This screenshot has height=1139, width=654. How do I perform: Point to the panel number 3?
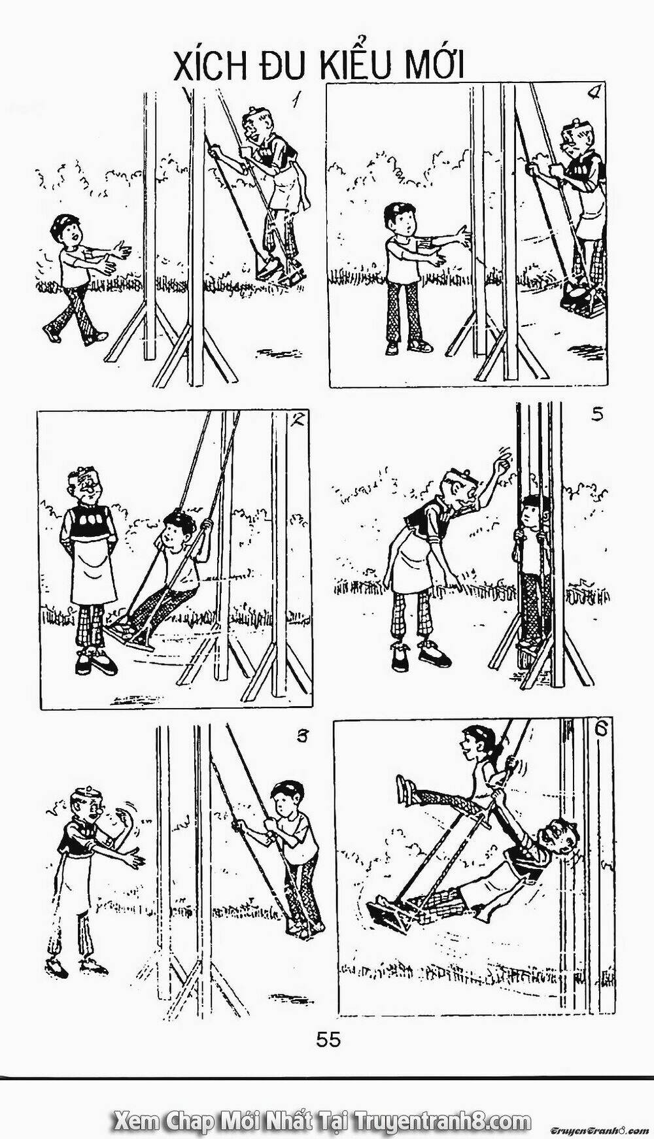coord(301,736)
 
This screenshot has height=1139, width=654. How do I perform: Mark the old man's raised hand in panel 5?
coord(502,466)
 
